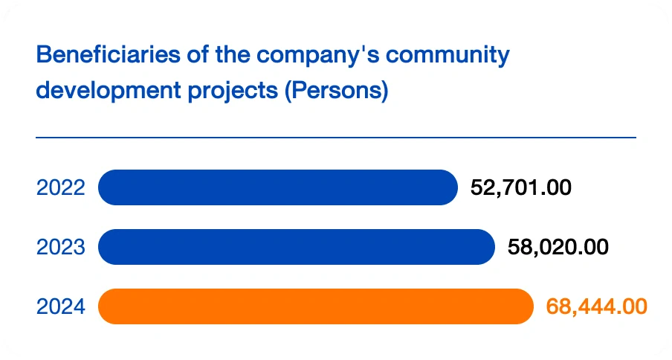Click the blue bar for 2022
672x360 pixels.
(x=277, y=187)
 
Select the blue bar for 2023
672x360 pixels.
(x=296, y=247)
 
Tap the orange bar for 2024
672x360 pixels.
(x=315, y=306)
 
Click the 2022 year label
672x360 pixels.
(x=61, y=187)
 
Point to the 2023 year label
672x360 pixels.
(x=61, y=247)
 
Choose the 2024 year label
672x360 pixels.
(x=61, y=306)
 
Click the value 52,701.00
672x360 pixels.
(x=521, y=187)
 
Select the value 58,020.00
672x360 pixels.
(x=558, y=247)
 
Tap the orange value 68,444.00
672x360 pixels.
(x=596, y=306)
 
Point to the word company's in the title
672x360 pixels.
(x=294, y=56)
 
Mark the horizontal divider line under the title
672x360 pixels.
(x=336, y=138)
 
